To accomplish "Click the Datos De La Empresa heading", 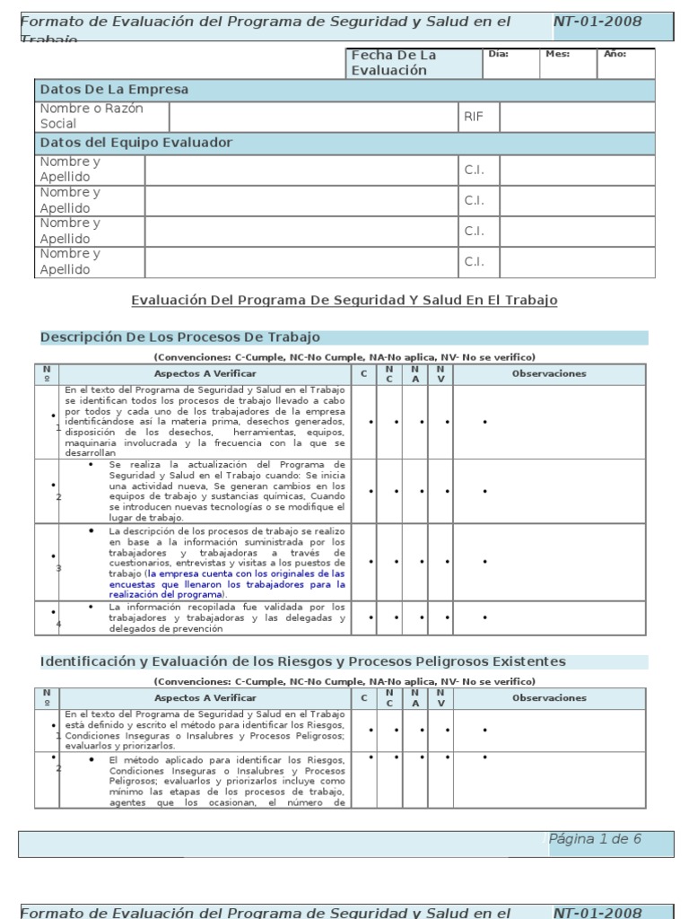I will point(113,90).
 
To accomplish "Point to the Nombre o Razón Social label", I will point(91,116).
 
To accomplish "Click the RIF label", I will point(473,117).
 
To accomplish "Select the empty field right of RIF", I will point(577,117).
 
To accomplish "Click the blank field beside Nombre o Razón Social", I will point(313,117).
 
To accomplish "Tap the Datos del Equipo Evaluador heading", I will point(135,143).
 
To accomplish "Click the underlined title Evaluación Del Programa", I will point(344,300).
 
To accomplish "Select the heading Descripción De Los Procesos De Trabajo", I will point(179,337).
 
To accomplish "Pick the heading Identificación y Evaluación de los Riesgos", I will point(303,661).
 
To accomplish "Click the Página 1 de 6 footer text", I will point(595,839).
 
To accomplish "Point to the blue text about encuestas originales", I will point(227,583).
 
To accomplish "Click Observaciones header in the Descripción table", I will point(548,373).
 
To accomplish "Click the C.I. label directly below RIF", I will point(474,170).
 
